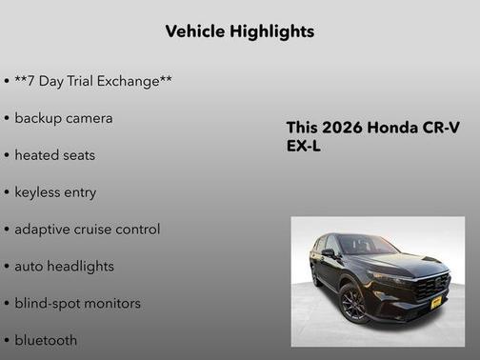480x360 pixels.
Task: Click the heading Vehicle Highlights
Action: coord(239,31)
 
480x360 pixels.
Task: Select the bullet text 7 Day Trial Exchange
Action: coord(92,81)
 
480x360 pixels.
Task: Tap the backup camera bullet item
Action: coord(63,118)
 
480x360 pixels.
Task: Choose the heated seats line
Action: coord(54,154)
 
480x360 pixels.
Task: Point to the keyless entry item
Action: coord(55,191)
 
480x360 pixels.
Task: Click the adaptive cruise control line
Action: coord(87,229)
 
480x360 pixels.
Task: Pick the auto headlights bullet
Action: coord(64,266)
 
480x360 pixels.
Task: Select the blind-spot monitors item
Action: coord(77,303)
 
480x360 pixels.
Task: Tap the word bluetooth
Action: coord(46,339)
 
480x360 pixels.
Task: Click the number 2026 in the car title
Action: coord(341,129)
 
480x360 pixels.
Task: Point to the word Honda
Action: coord(392,129)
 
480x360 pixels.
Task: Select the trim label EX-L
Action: coord(305,148)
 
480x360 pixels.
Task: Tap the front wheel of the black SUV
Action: coord(352,304)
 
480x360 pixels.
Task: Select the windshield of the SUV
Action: coord(367,246)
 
